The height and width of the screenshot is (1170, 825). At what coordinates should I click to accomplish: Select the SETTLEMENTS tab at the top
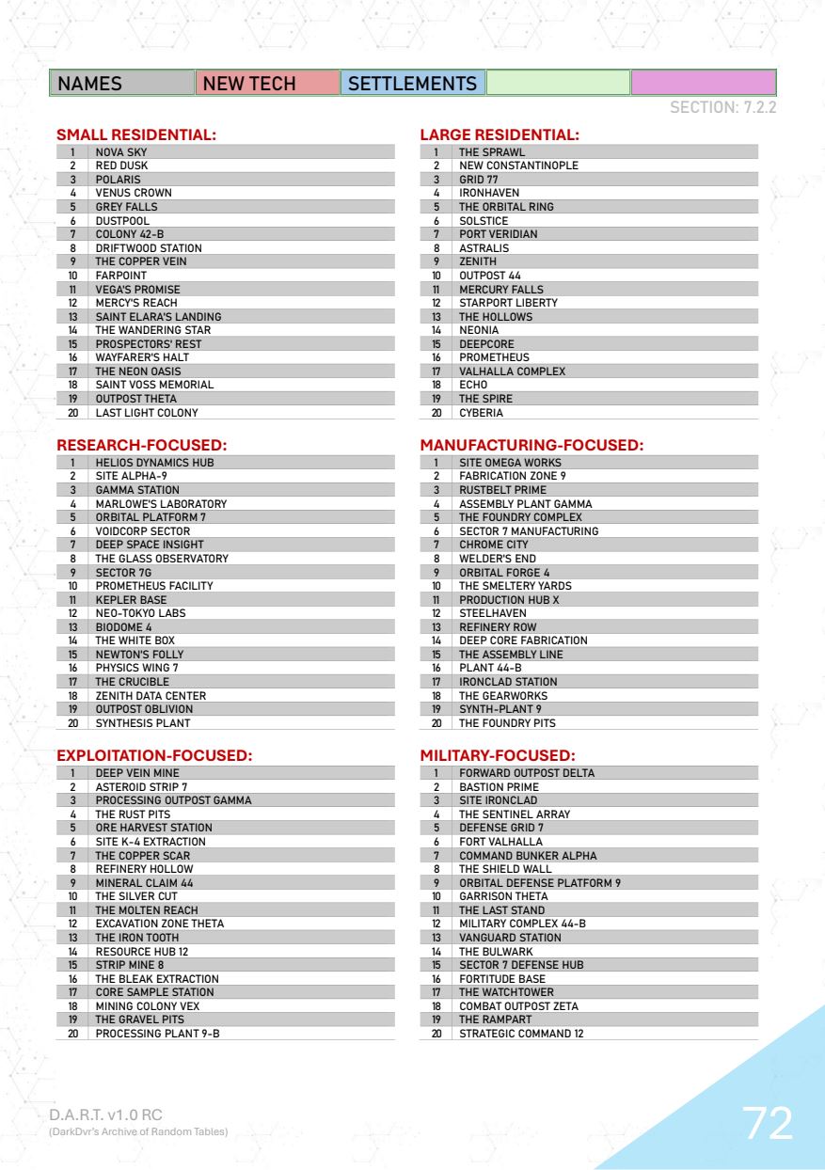click(412, 84)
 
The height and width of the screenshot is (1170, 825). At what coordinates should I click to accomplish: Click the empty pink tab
click(702, 84)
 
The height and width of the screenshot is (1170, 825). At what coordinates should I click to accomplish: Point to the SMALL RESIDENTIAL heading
click(137, 135)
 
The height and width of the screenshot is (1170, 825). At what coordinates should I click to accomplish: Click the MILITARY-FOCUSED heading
click(498, 755)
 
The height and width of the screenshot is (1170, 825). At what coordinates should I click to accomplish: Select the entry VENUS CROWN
click(134, 193)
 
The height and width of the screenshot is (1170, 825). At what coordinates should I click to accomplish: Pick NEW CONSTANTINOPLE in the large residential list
click(518, 166)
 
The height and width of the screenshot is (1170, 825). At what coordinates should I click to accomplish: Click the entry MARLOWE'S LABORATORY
click(161, 504)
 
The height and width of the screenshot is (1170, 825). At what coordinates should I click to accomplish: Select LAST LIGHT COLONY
click(147, 412)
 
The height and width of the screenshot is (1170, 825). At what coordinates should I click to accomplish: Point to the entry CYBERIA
click(481, 412)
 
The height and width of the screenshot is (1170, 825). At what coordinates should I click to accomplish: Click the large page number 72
click(767, 1123)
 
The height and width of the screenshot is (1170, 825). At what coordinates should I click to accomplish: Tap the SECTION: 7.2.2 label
click(722, 109)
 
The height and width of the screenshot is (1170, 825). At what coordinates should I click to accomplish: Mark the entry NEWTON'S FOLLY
click(139, 654)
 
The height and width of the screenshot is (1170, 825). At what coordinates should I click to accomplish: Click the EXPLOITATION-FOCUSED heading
click(157, 755)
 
